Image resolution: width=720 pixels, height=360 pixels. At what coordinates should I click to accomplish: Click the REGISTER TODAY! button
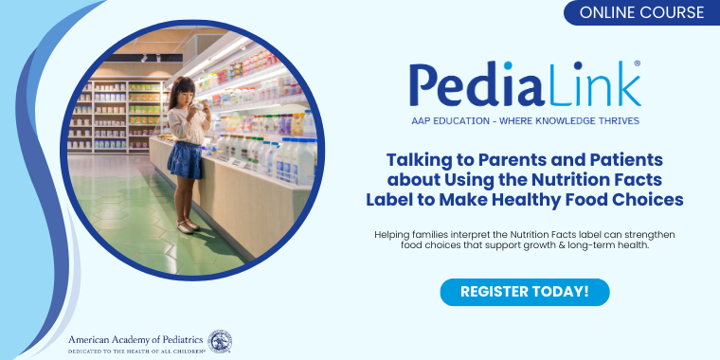[x=524, y=291]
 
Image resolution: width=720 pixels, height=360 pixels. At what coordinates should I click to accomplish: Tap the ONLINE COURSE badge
[x=641, y=12]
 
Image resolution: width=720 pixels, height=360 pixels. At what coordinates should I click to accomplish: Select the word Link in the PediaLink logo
[x=585, y=85]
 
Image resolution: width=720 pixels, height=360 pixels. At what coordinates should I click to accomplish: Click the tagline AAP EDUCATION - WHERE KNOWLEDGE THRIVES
[x=525, y=121]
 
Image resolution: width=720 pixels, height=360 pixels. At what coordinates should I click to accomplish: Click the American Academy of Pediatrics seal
[x=220, y=341]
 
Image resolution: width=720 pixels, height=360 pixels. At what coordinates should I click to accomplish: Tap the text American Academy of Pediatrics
[x=137, y=337]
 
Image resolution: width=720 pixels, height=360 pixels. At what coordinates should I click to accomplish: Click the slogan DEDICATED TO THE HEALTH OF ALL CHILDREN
[x=137, y=351]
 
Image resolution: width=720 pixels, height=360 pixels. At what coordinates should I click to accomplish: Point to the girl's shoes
[x=188, y=226]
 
